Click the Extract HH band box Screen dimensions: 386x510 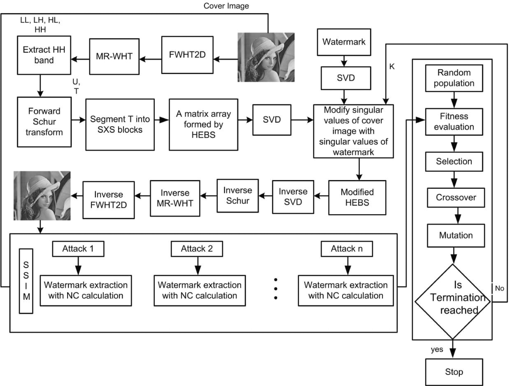[44, 55]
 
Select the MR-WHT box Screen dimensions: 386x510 [114, 57]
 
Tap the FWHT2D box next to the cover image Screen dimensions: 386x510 [187, 55]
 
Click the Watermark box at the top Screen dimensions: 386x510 [344, 42]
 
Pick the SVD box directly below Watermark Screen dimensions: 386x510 [346, 78]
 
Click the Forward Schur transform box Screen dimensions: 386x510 [44, 122]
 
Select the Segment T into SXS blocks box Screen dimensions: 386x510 [120, 125]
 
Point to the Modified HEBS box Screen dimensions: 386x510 [357, 198]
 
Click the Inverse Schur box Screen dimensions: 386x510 [237, 196]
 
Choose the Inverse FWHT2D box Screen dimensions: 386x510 [108, 200]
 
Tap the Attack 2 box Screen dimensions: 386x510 [197, 249]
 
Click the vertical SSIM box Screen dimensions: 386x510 [26, 281]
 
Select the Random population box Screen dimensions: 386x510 [454, 78]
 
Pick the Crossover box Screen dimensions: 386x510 [456, 198]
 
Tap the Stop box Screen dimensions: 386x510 [454, 372]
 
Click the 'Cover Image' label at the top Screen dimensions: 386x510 [226, 6]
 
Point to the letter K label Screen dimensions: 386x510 [392, 67]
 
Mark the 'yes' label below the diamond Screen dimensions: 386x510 [437, 350]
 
